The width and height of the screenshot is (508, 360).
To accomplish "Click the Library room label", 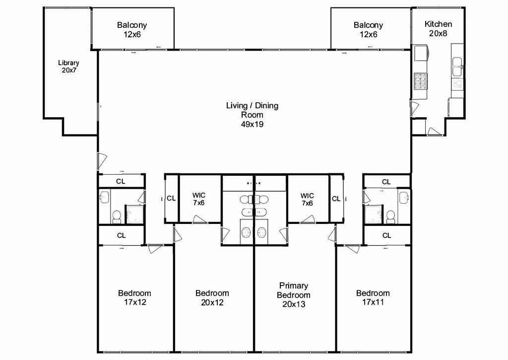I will pyautogui.click(x=68, y=63).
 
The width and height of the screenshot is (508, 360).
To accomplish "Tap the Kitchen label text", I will pyautogui.click(x=439, y=24).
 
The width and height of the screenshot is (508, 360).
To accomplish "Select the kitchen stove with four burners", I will pyautogui.click(x=420, y=80).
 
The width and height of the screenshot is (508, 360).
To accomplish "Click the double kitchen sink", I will pyautogui.click(x=457, y=63).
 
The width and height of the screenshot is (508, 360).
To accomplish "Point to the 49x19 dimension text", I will pyautogui.click(x=252, y=124).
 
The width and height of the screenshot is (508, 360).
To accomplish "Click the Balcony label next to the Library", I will pyautogui.click(x=132, y=25).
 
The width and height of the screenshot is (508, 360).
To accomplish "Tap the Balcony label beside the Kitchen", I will pyautogui.click(x=368, y=25).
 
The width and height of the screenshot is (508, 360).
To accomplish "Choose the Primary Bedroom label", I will pyautogui.click(x=294, y=290).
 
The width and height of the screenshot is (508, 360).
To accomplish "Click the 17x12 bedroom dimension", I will pyautogui.click(x=134, y=301).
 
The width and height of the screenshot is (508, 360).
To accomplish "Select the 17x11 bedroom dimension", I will pyautogui.click(x=373, y=301).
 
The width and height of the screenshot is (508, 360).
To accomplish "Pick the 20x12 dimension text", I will pyautogui.click(x=212, y=301).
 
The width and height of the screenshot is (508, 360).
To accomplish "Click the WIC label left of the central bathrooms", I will pyautogui.click(x=198, y=196).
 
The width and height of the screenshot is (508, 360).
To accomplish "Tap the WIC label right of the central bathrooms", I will pyautogui.click(x=307, y=196).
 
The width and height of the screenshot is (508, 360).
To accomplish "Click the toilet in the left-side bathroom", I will pyautogui.click(x=117, y=216).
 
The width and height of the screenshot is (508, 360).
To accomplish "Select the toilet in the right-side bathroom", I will pyautogui.click(x=390, y=216).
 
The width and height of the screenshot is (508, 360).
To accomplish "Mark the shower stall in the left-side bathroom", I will pyautogui.click(x=134, y=214).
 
